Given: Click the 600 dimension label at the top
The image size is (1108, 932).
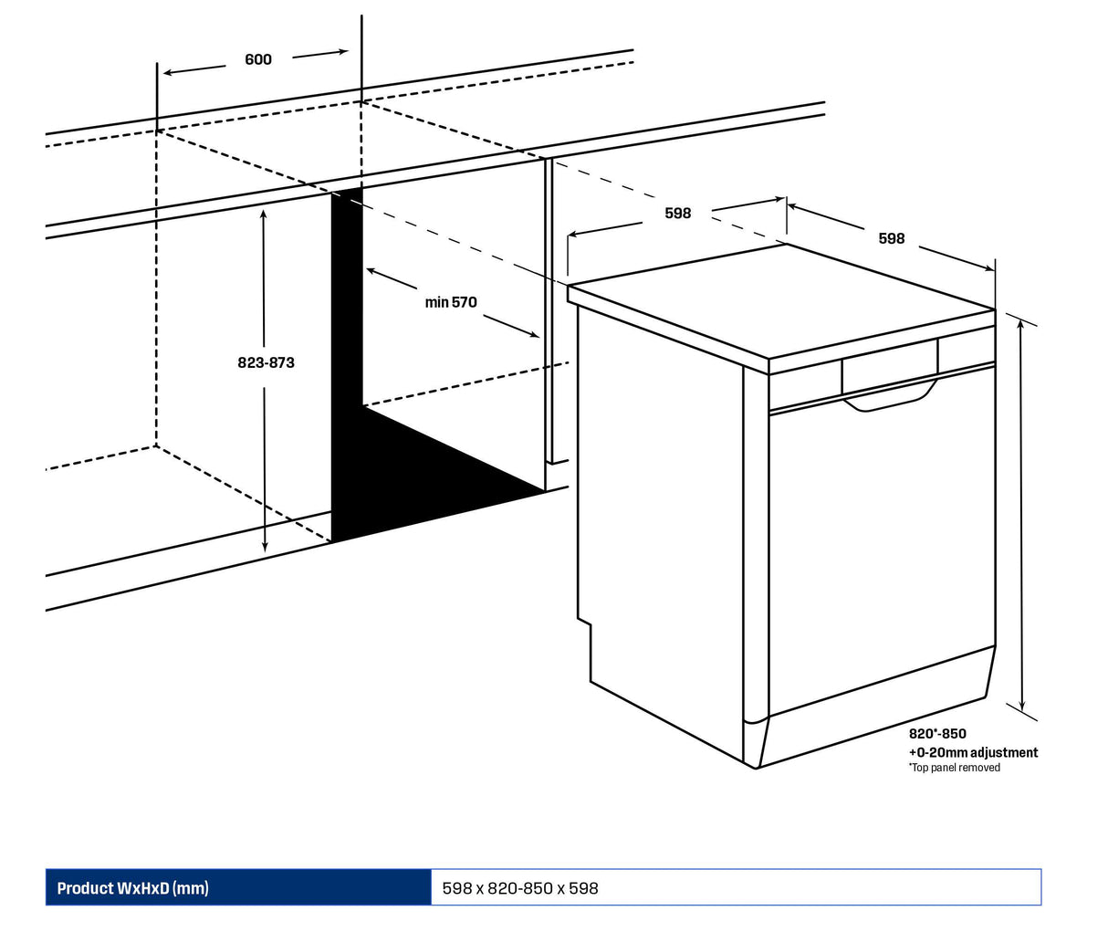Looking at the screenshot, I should [x=258, y=59].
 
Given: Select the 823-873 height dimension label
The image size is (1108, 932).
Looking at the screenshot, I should [x=266, y=362].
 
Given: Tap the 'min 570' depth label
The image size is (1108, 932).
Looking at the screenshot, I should [x=451, y=302].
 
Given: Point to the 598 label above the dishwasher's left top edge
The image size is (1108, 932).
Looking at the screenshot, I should [x=678, y=214].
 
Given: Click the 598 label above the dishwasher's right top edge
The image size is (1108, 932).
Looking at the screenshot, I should [x=892, y=238].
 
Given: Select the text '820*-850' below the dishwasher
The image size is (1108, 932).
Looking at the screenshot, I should [x=937, y=734].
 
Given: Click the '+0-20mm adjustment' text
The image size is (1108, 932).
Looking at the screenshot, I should [x=973, y=752].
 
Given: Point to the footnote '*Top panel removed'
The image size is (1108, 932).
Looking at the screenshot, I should [x=954, y=768].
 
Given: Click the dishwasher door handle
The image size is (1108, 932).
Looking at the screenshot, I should [x=890, y=399].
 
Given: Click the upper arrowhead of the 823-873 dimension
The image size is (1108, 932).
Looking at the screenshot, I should [x=264, y=214].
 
